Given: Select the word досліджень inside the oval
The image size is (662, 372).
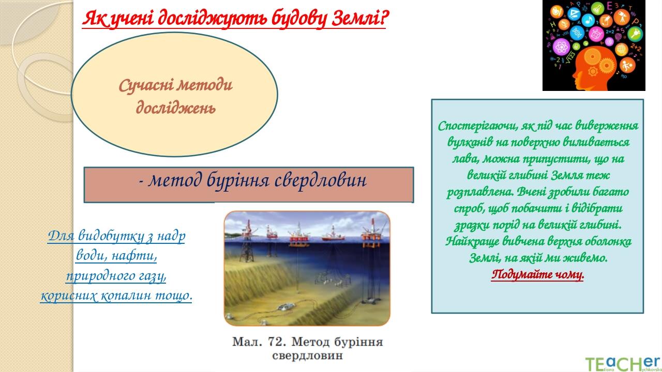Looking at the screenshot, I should [x=175, y=108].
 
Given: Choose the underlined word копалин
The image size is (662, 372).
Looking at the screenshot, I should [x=128, y=296].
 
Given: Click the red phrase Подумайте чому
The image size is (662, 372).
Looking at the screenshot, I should [x=537, y=274].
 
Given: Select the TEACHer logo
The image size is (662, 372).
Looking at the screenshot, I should [x=622, y=363].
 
